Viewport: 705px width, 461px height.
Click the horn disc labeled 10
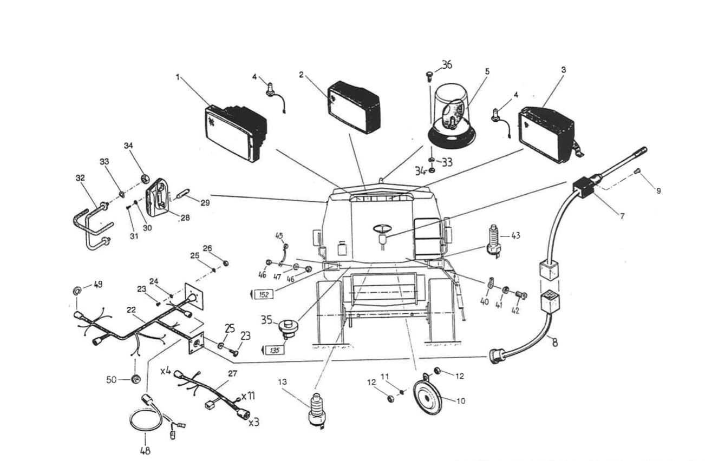(x=427, y=398)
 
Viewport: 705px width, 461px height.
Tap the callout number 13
(x=282, y=382)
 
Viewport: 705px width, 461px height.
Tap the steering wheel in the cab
(x=384, y=228)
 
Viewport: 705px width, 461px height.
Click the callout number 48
(x=145, y=450)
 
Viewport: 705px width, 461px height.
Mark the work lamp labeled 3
(x=546, y=133)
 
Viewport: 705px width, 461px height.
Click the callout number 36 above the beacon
(x=446, y=65)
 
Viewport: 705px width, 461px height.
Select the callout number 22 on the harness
(x=131, y=309)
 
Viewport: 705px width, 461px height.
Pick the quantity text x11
(x=248, y=396)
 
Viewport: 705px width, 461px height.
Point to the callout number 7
(x=622, y=216)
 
